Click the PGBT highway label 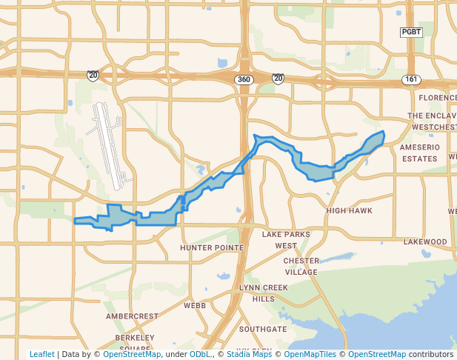click(410, 32)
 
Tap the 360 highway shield click(244, 79)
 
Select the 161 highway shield click(412, 79)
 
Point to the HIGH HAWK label click(349, 210)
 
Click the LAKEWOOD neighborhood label click(425, 241)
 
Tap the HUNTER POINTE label click(212, 247)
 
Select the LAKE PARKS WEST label click(285, 240)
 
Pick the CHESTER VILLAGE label click(301, 266)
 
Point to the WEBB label click(195, 305)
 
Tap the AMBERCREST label click(132, 316)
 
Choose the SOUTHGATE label click(262, 328)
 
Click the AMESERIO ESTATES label click(421, 153)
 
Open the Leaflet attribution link click(42, 354)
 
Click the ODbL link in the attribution click(199, 354)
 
